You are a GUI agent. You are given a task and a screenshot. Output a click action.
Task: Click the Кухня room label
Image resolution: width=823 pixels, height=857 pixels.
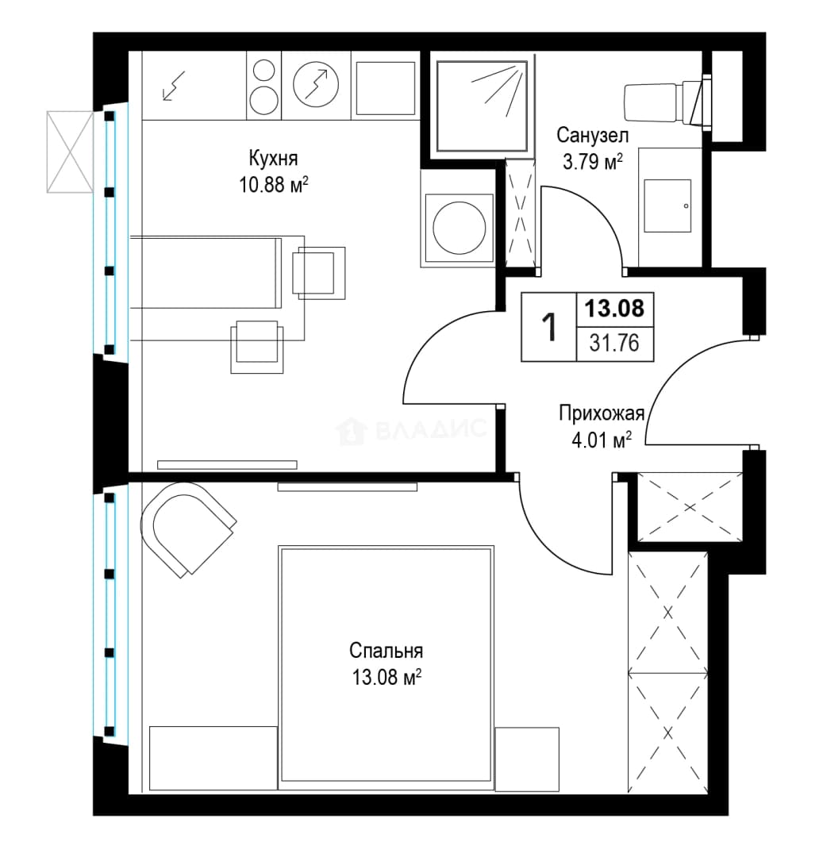point(273,159)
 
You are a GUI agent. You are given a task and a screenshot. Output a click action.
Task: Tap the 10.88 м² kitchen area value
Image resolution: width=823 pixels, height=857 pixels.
point(273,185)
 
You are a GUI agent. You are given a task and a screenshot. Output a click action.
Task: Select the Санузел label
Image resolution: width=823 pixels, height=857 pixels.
point(592,134)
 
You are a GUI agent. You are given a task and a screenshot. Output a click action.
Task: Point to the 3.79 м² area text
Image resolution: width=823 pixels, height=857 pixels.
point(592,161)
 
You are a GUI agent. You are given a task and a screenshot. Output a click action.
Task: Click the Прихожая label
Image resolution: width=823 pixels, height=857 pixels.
point(601,413)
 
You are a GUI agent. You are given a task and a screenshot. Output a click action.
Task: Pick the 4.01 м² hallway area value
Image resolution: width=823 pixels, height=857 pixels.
point(602,440)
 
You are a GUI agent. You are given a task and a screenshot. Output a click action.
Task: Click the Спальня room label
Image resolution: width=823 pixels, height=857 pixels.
point(386,651)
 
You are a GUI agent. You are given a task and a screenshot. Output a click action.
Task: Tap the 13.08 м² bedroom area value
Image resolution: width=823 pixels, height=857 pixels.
point(387,678)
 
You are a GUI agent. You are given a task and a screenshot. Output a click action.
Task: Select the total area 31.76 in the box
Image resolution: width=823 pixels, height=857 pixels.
point(614,344)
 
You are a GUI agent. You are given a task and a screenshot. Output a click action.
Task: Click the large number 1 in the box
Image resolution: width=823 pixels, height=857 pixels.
point(548,328)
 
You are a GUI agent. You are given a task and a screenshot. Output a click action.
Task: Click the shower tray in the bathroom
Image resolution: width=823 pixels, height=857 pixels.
point(482,106)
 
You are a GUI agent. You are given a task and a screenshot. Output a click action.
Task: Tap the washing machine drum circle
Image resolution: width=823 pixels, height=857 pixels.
point(459,228)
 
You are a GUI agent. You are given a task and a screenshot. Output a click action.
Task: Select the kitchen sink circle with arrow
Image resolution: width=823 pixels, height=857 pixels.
point(316,84)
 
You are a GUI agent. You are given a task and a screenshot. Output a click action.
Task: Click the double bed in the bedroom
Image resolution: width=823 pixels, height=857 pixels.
point(386,667)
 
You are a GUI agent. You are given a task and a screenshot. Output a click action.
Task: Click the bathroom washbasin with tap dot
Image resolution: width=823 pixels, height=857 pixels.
point(667,206)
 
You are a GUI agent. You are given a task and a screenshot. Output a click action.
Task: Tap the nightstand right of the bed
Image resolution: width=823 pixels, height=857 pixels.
point(527,759)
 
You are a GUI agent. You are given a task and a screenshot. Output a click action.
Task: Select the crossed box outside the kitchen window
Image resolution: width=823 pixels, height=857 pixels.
point(70,152)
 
